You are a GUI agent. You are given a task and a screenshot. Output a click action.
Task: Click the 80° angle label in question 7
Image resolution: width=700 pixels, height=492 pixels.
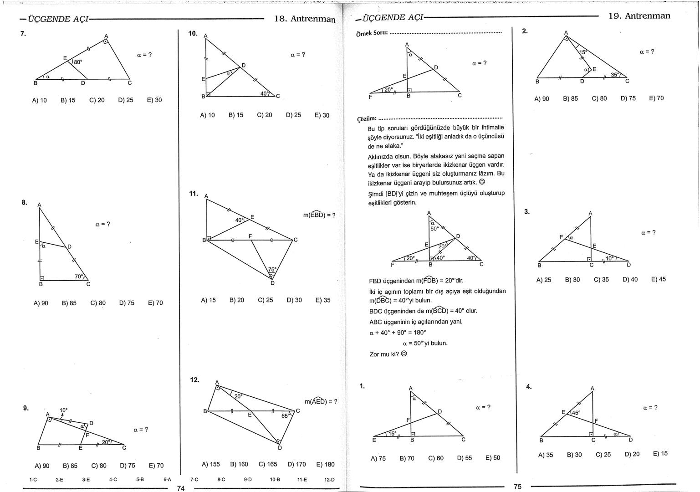click(78, 61)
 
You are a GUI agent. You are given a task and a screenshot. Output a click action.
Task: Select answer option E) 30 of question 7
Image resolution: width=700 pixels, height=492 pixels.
click(154, 100)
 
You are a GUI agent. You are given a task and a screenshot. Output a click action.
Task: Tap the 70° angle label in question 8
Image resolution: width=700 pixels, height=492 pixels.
click(79, 277)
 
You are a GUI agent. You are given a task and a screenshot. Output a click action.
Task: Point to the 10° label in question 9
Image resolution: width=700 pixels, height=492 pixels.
click(63, 410)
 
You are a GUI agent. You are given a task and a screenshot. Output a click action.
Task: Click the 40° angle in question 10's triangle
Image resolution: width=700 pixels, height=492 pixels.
click(265, 93)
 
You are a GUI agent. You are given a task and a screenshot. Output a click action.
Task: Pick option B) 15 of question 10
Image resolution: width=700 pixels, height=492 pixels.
click(236, 115)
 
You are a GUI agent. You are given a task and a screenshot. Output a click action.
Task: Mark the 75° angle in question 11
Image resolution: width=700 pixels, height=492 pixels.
click(272, 270)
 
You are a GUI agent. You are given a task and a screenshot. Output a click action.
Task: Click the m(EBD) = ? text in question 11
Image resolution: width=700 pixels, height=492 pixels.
click(319, 215)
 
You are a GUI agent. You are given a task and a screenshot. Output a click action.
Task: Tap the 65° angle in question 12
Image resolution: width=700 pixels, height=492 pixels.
click(286, 415)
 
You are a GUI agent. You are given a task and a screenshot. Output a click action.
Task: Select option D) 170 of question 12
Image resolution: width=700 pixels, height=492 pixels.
click(296, 464)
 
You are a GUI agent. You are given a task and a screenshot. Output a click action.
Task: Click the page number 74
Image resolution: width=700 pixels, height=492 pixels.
click(181, 488)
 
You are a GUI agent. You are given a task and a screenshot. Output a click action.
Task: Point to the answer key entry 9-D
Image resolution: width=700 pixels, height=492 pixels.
click(248, 480)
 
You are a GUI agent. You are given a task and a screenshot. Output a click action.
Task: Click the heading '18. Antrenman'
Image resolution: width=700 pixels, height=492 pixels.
click(305, 19)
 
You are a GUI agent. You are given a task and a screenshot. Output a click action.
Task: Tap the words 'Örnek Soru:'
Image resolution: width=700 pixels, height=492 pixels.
click(372, 33)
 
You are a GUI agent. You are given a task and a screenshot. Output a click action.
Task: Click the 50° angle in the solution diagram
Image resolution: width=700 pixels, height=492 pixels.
click(435, 229)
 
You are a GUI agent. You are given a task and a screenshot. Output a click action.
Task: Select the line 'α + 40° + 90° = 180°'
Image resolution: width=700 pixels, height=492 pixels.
click(398, 333)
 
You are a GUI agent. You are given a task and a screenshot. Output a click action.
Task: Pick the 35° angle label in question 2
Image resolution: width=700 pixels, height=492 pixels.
click(615, 74)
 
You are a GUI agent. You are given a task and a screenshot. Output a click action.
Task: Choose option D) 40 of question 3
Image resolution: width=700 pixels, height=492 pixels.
click(630, 280)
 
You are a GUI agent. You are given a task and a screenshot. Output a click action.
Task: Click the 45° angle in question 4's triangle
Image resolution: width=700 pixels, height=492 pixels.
click(576, 413)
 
